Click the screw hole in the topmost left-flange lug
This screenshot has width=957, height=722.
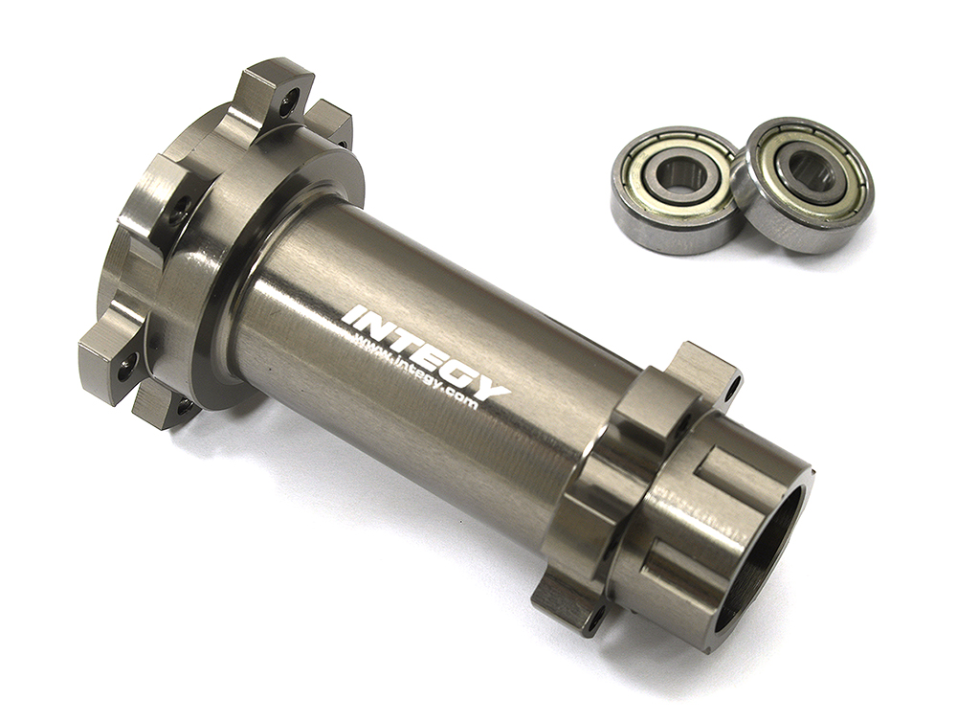tap(288, 100)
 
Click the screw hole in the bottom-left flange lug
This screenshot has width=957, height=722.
tap(125, 363)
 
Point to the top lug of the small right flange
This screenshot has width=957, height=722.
tap(703, 369)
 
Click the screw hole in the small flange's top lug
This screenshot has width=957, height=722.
tap(731, 389)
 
